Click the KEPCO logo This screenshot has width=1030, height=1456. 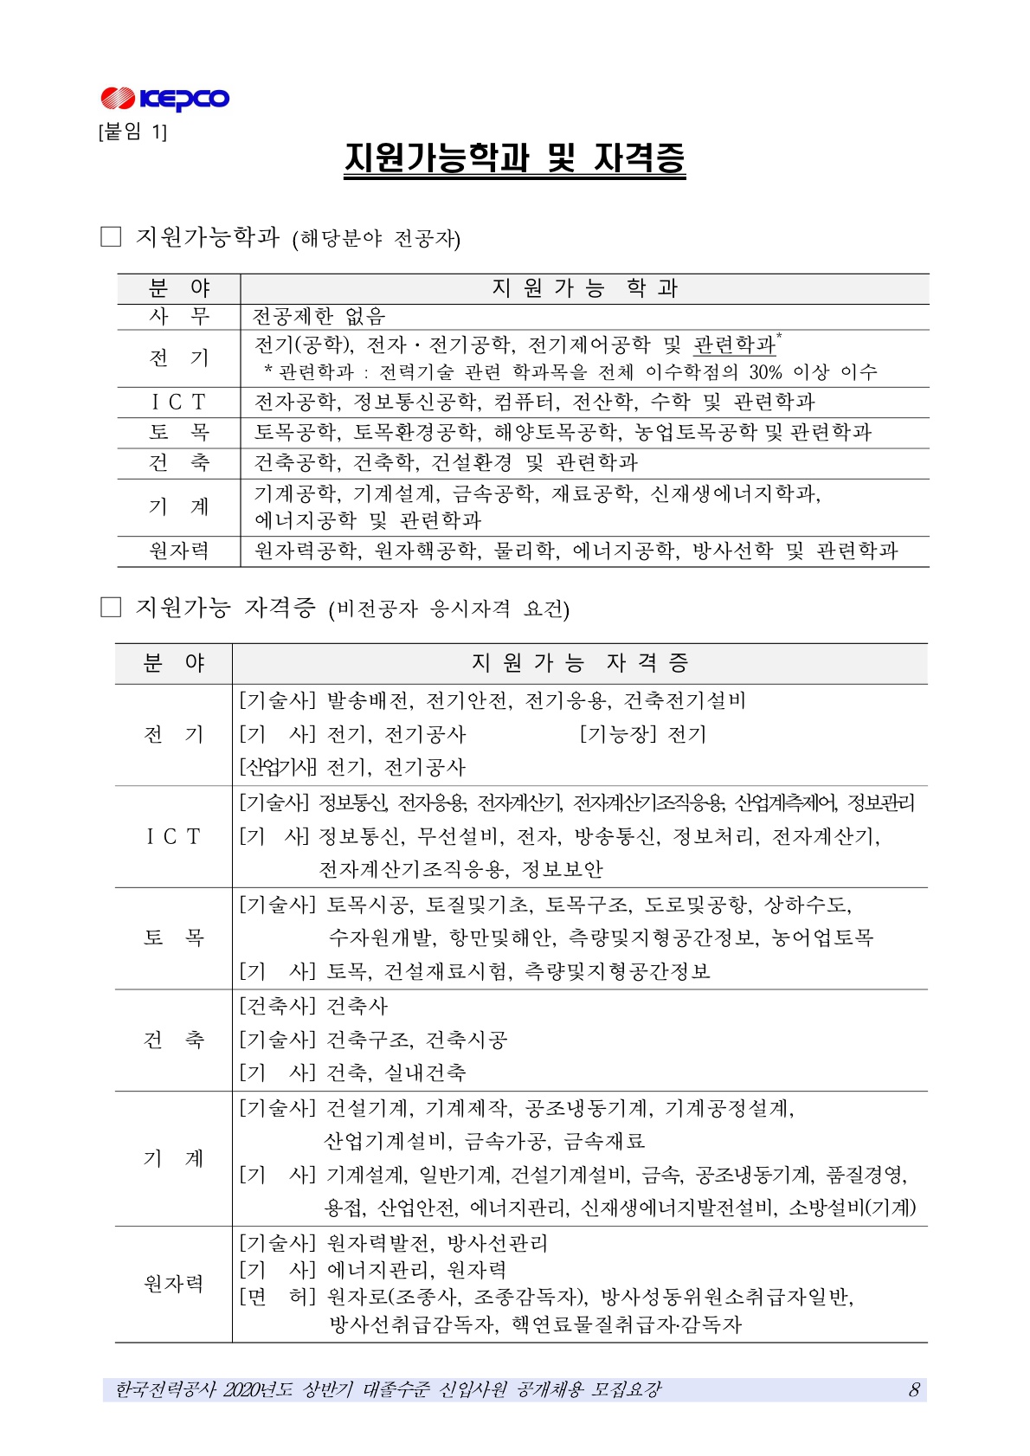coord(164,99)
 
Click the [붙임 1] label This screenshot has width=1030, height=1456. coord(133,132)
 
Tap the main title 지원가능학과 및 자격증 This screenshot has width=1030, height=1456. coord(514,158)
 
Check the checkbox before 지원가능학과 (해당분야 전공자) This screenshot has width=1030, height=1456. coord(111,236)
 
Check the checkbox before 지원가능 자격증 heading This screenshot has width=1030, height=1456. coord(111,608)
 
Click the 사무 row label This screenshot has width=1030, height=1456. coord(178,317)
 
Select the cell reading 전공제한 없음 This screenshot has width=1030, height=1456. coord(319,317)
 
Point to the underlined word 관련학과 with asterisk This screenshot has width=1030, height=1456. coord(735,345)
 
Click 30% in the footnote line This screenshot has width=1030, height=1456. coord(765,372)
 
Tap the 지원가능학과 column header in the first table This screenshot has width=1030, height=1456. coord(584,288)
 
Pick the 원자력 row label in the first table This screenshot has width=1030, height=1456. coord(178,551)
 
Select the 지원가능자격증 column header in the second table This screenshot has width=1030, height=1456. coord(580,663)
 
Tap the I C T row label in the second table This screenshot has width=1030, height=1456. coord(173,836)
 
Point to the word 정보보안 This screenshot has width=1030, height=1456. coord(563,869)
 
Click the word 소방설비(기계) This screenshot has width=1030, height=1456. coord(853,1208)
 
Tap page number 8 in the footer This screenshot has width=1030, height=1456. coord(914,1390)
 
